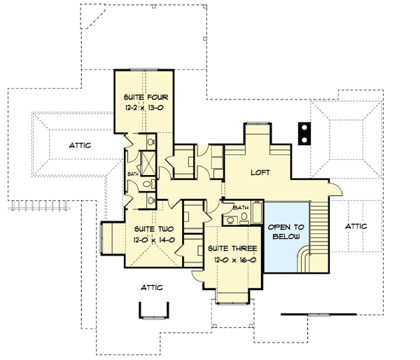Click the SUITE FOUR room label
(x=146, y=96)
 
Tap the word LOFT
(x=259, y=172)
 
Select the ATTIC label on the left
(x=83, y=146)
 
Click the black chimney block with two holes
(x=304, y=133)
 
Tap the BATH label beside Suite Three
(x=241, y=208)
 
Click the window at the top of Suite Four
(x=146, y=69)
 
